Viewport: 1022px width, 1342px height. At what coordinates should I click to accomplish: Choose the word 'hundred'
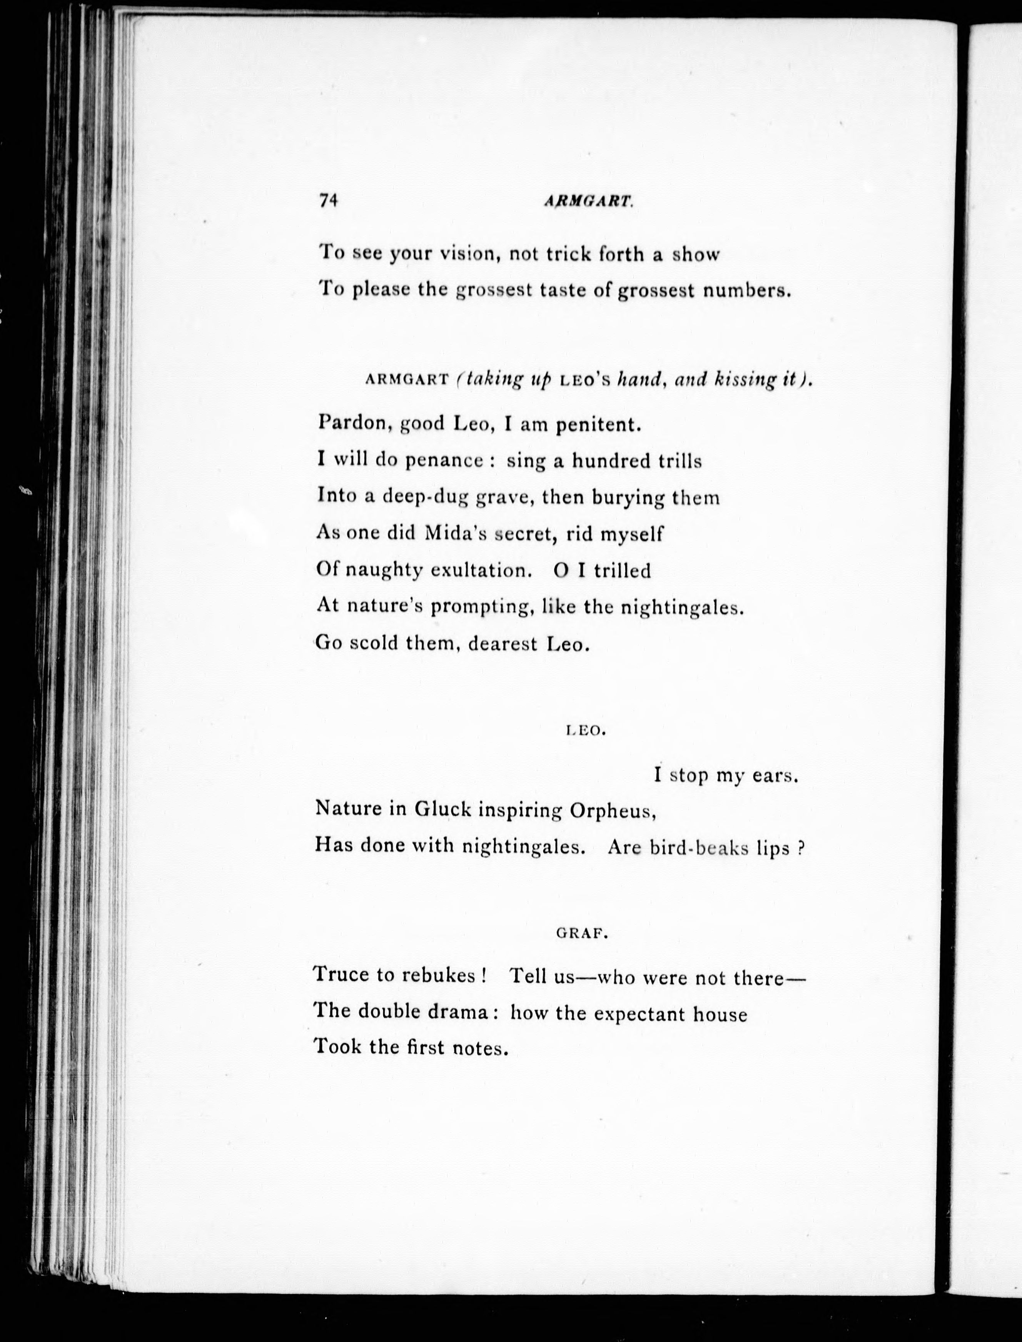pyautogui.click(x=611, y=461)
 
